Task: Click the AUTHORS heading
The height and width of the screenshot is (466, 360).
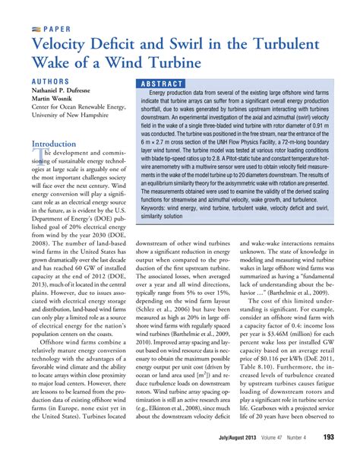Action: [x=53, y=81]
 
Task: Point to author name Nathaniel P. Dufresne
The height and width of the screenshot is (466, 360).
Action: [x=70, y=90]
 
